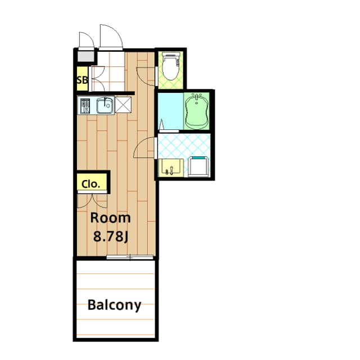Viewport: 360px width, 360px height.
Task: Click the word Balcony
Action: point(114,305)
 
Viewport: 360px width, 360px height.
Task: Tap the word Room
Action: point(110,218)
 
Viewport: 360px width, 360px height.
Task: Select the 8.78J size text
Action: point(111,236)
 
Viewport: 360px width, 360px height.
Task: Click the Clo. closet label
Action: point(91,183)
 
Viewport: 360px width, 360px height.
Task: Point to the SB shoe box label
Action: point(82,80)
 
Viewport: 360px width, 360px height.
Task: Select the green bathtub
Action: point(197,110)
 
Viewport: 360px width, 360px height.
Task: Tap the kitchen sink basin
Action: point(105,106)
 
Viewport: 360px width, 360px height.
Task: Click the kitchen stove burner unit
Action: point(84,106)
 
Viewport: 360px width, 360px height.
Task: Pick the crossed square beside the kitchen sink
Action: point(123,105)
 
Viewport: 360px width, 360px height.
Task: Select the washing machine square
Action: point(199,166)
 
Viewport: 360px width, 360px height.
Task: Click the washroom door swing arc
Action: point(145,148)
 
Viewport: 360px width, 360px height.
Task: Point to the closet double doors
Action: point(91,200)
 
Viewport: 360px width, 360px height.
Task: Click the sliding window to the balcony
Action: point(130,258)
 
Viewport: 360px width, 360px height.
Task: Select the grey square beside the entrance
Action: point(86,57)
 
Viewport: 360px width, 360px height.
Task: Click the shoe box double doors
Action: point(97,79)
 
